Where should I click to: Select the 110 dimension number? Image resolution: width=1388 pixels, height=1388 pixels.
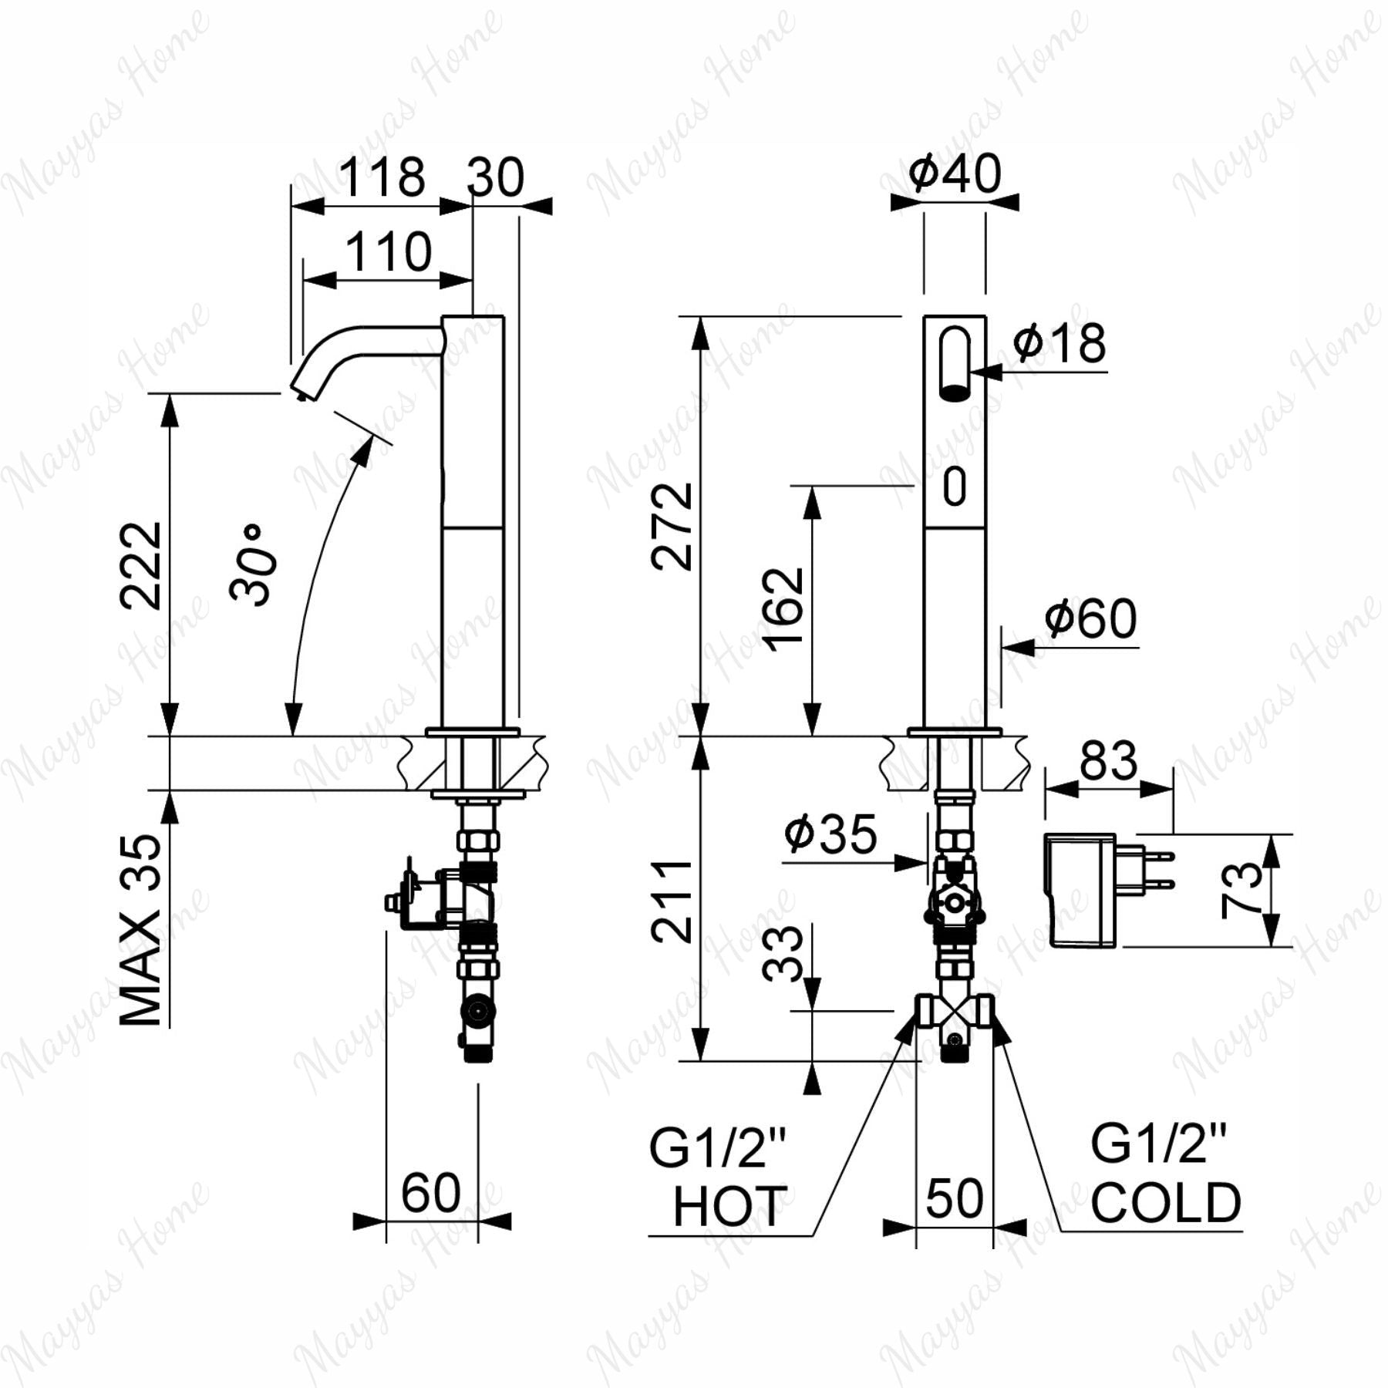pyautogui.click(x=388, y=251)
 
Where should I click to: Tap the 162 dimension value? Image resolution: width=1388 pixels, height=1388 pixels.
pyautogui.click(x=784, y=609)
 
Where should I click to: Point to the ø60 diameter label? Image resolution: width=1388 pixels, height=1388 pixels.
pyautogui.click(x=1090, y=618)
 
